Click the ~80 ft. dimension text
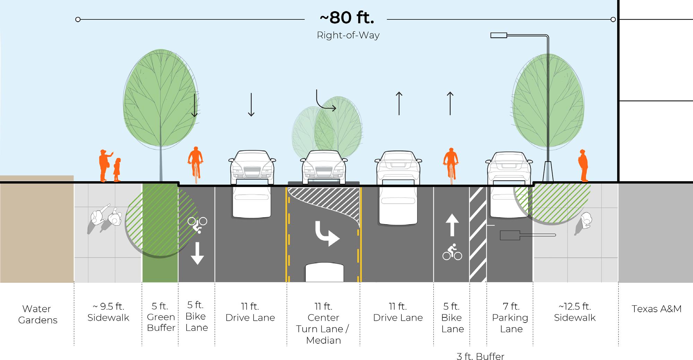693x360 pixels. coord(347,18)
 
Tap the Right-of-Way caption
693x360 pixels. coord(348,35)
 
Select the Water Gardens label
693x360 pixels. coord(37,314)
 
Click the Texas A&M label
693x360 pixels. coord(656,309)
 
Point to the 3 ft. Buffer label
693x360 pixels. coord(480,356)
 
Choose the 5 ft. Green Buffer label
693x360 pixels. coord(161,317)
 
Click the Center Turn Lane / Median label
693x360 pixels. coord(323,323)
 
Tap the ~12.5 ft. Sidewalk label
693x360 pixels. coord(574,312)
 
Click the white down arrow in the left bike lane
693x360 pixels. coord(197,253)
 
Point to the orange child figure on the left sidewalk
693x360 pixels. coord(117,170)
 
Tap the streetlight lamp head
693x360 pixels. coord(499,35)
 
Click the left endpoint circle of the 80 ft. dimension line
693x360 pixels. coord(78,19)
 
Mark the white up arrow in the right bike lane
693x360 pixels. coord(452,225)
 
